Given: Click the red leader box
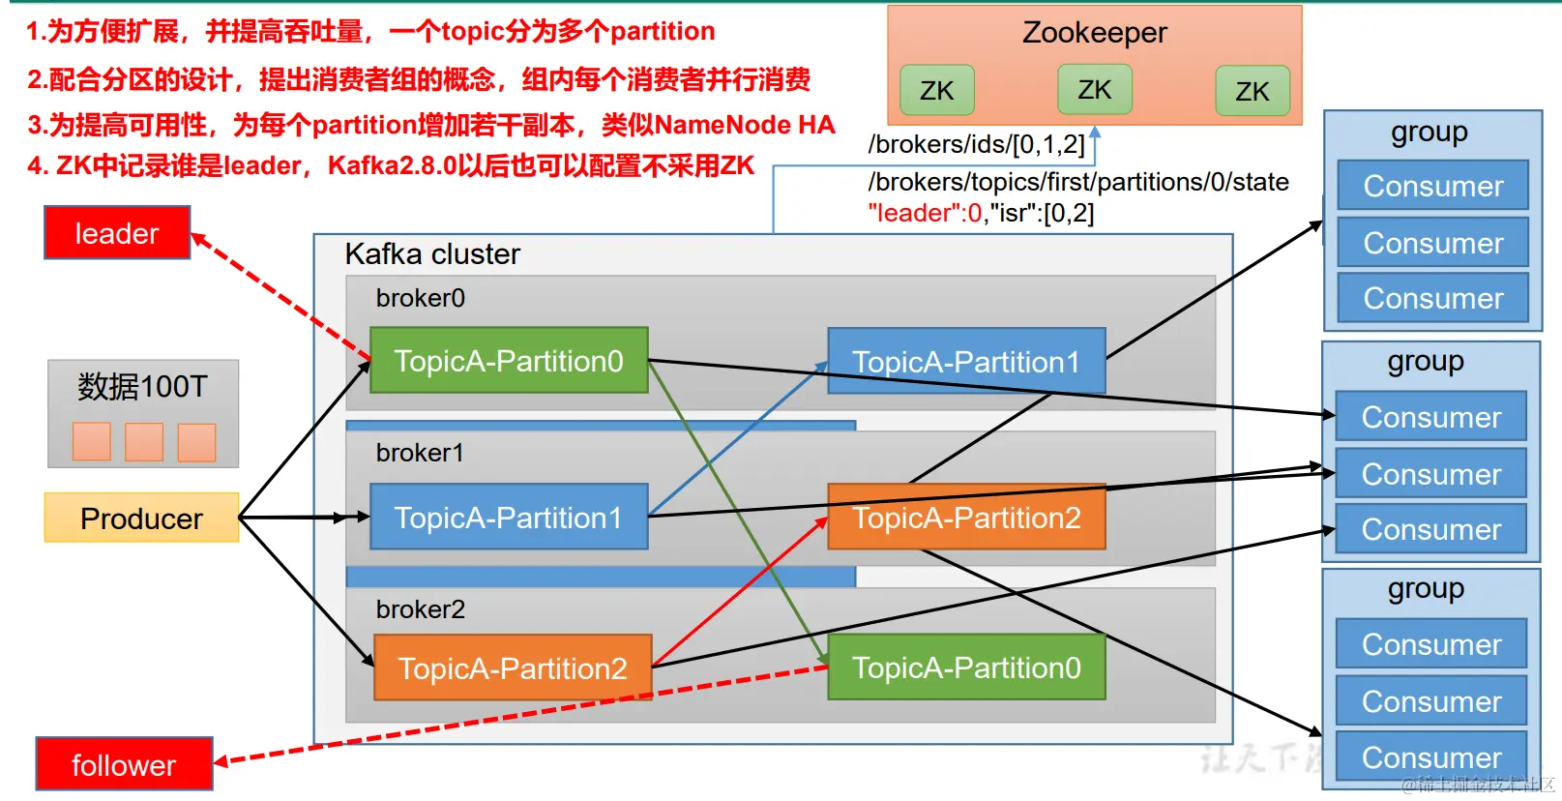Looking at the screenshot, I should pos(117,233).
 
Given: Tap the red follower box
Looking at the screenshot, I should pos(124,764).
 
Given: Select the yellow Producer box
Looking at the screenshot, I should pos(141,519).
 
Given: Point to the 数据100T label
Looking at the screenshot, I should pos(142,387).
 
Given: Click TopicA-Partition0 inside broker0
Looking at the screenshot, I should pos(509,361).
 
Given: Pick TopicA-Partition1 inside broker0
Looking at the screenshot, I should pos(965,362).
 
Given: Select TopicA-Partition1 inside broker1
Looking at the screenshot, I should pos(509,518).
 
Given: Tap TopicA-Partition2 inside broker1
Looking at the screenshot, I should pos(965,518).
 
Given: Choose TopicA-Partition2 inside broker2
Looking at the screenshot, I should pos(513,667).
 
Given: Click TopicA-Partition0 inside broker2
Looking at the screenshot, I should pos(965,667).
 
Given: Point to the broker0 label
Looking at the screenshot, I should pos(421,298).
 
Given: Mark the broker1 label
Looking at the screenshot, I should pos(421,453).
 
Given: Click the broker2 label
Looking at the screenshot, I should pos(421,609).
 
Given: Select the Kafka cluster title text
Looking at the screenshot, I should pos(432,254).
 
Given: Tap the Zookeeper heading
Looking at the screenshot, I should pos(1095,33).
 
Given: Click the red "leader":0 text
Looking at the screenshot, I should pos(925,213).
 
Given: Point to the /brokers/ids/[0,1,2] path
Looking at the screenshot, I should pos(977,144).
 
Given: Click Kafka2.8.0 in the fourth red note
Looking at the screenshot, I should pos(392,165).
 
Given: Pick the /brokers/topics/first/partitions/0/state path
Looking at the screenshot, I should pos(1078,182).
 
